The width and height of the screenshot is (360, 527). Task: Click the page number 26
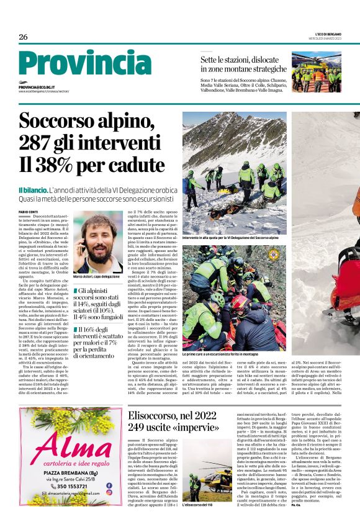coord(23,37)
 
